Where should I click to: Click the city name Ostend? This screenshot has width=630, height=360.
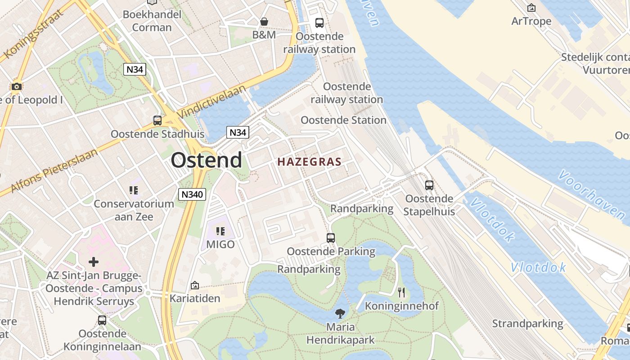click(206, 160)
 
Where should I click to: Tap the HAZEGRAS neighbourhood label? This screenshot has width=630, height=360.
click(309, 162)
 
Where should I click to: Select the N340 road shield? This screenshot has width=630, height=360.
click(192, 194)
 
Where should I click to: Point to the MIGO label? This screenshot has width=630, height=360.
click(220, 244)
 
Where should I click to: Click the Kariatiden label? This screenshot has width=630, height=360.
click(195, 298)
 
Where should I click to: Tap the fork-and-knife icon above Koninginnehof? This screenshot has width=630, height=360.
click(401, 292)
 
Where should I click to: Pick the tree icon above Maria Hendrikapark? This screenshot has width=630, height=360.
click(340, 314)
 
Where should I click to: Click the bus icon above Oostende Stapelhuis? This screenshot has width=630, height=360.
click(429, 185)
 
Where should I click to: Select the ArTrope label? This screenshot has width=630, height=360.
click(531, 21)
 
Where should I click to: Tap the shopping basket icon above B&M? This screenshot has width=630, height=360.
click(264, 22)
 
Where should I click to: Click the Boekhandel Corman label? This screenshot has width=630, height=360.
click(152, 21)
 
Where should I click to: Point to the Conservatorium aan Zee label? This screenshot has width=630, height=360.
click(134, 210)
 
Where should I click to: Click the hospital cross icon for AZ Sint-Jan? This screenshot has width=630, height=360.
click(94, 261)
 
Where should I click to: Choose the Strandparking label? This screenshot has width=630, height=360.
click(527, 324)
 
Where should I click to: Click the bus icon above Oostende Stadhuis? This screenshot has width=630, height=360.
click(157, 121)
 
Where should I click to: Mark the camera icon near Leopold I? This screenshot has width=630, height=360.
click(17, 86)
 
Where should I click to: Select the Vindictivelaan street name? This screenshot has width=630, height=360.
click(211, 102)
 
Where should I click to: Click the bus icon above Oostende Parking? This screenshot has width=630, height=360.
click(331, 238)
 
